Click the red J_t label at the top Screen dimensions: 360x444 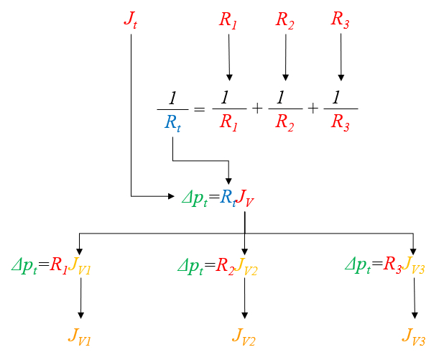[x=130, y=19]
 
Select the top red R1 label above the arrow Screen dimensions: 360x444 [x=228, y=19]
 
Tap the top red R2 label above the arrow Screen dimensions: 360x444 [x=285, y=19]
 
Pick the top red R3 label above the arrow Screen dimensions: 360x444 [x=341, y=19]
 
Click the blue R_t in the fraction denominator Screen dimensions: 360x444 [x=173, y=123]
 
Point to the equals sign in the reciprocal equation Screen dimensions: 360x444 [x=199, y=109]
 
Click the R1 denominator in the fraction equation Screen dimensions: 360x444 [x=229, y=123]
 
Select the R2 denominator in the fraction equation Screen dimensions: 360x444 [x=285, y=123]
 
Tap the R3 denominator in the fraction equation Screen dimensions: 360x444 [x=341, y=123]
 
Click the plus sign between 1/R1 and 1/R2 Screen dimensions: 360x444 [x=257, y=109]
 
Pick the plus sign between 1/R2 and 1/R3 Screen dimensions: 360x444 [x=313, y=109]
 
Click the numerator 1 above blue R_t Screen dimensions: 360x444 [x=172, y=97]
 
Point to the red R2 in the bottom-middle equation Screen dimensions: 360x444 [x=225, y=266]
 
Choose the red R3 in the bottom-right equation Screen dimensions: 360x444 [x=393, y=266]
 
